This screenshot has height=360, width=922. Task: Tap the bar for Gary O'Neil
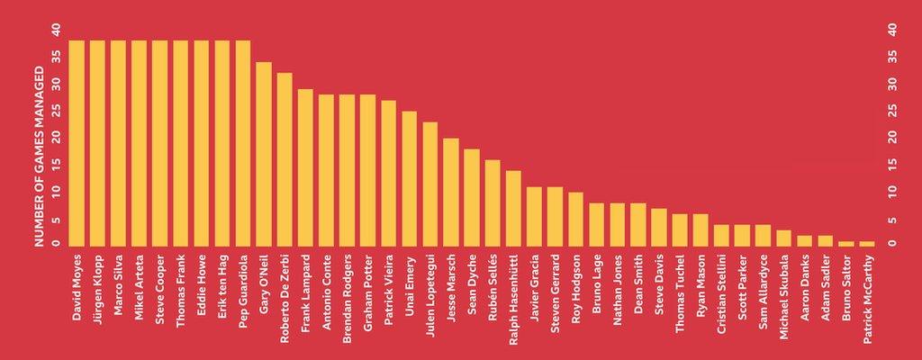[x=264, y=153]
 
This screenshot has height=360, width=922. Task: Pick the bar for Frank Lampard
[x=305, y=166]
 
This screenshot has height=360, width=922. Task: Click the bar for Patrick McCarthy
[x=867, y=243]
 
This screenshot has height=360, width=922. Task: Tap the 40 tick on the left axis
[x=56, y=30]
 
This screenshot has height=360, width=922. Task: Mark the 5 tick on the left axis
[x=56, y=219]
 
